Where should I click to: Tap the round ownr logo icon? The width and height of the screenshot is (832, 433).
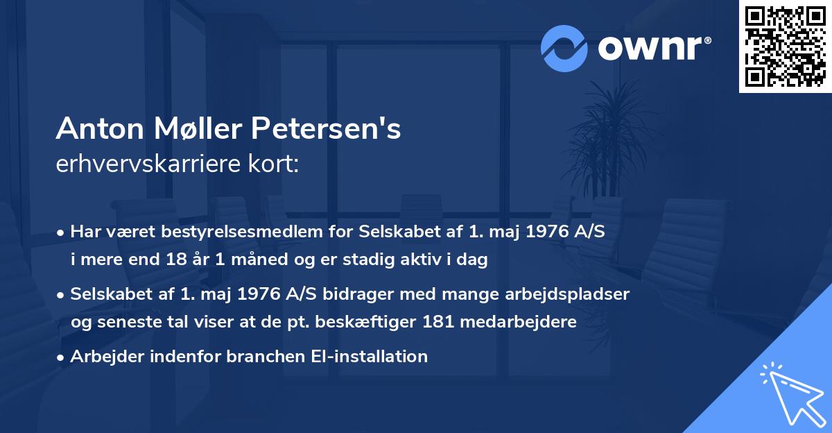tap(565, 48)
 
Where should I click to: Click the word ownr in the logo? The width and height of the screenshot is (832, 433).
tap(654, 48)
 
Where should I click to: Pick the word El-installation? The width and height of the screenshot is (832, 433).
tap(367, 357)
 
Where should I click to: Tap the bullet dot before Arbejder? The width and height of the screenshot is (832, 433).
tap(62, 357)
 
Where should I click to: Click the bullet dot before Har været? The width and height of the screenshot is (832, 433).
tap(62, 232)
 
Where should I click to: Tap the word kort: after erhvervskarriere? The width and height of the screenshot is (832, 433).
tap(276, 164)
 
